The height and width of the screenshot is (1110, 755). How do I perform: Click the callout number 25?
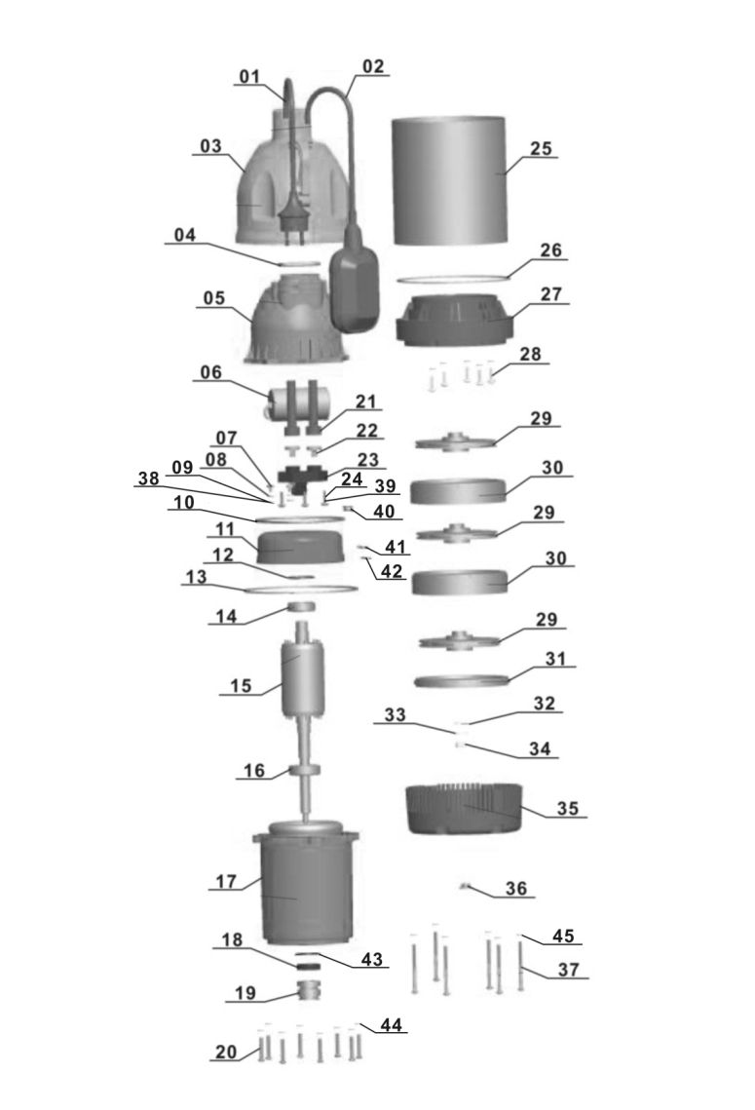pos(541,149)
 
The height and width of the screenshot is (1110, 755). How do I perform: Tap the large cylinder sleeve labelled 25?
pos(448,181)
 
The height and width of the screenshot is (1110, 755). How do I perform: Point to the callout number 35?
pos(568,809)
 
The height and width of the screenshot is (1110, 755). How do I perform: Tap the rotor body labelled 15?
pos(303,678)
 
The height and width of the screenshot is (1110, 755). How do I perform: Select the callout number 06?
pos(210,372)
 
